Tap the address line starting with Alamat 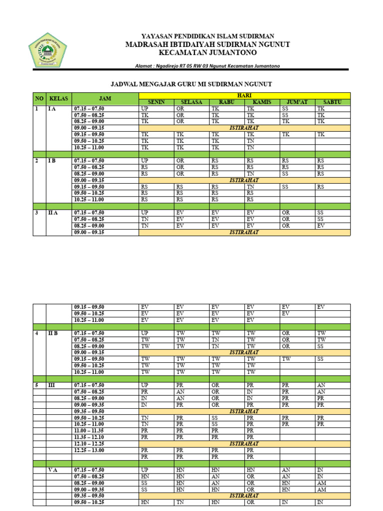pos(208,66)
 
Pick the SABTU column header pos(333,102)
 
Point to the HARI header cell pos(244,95)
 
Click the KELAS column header pos(59,98)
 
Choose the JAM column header pos(105,98)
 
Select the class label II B pos(53,333)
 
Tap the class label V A pos(54,470)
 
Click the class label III pos(51,385)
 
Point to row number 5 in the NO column pos(36,385)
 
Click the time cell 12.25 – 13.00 pos(89,450)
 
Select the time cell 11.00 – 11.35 pos(89,431)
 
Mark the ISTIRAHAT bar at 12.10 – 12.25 pos(244,444)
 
